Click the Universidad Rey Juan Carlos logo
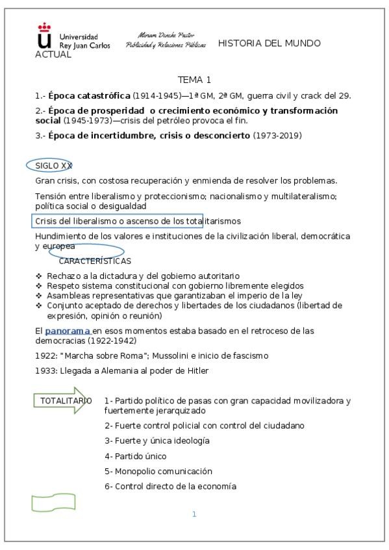tap(71, 37)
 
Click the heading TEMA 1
tap(194, 80)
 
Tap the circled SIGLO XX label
tap(53, 165)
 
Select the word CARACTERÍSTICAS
tap(95, 261)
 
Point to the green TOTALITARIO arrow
tap(62, 401)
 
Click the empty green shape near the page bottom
tap(49, 503)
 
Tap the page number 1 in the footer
tap(194, 514)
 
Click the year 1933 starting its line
tap(45, 371)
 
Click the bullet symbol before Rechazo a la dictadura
tap(39, 276)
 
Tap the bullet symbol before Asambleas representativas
tap(39, 296)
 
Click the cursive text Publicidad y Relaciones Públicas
tap(166, 45)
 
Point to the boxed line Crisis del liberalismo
tap(119, 221)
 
